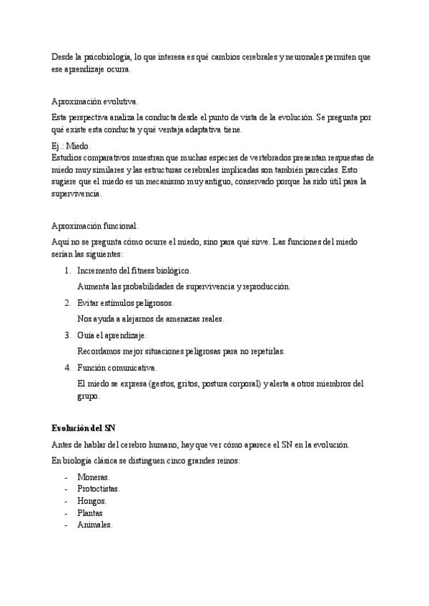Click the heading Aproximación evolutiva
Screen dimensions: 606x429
pyautogui.click(x=95, y=101)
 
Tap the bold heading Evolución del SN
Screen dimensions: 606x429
pyautogui.click(x=83, y=427)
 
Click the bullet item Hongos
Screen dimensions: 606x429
pyautogui.click(x=92, y=501)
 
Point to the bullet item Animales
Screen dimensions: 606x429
pyautogui.click(x=94, y=525)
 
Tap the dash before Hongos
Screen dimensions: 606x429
pyautogui.click(x=66, y=501)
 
